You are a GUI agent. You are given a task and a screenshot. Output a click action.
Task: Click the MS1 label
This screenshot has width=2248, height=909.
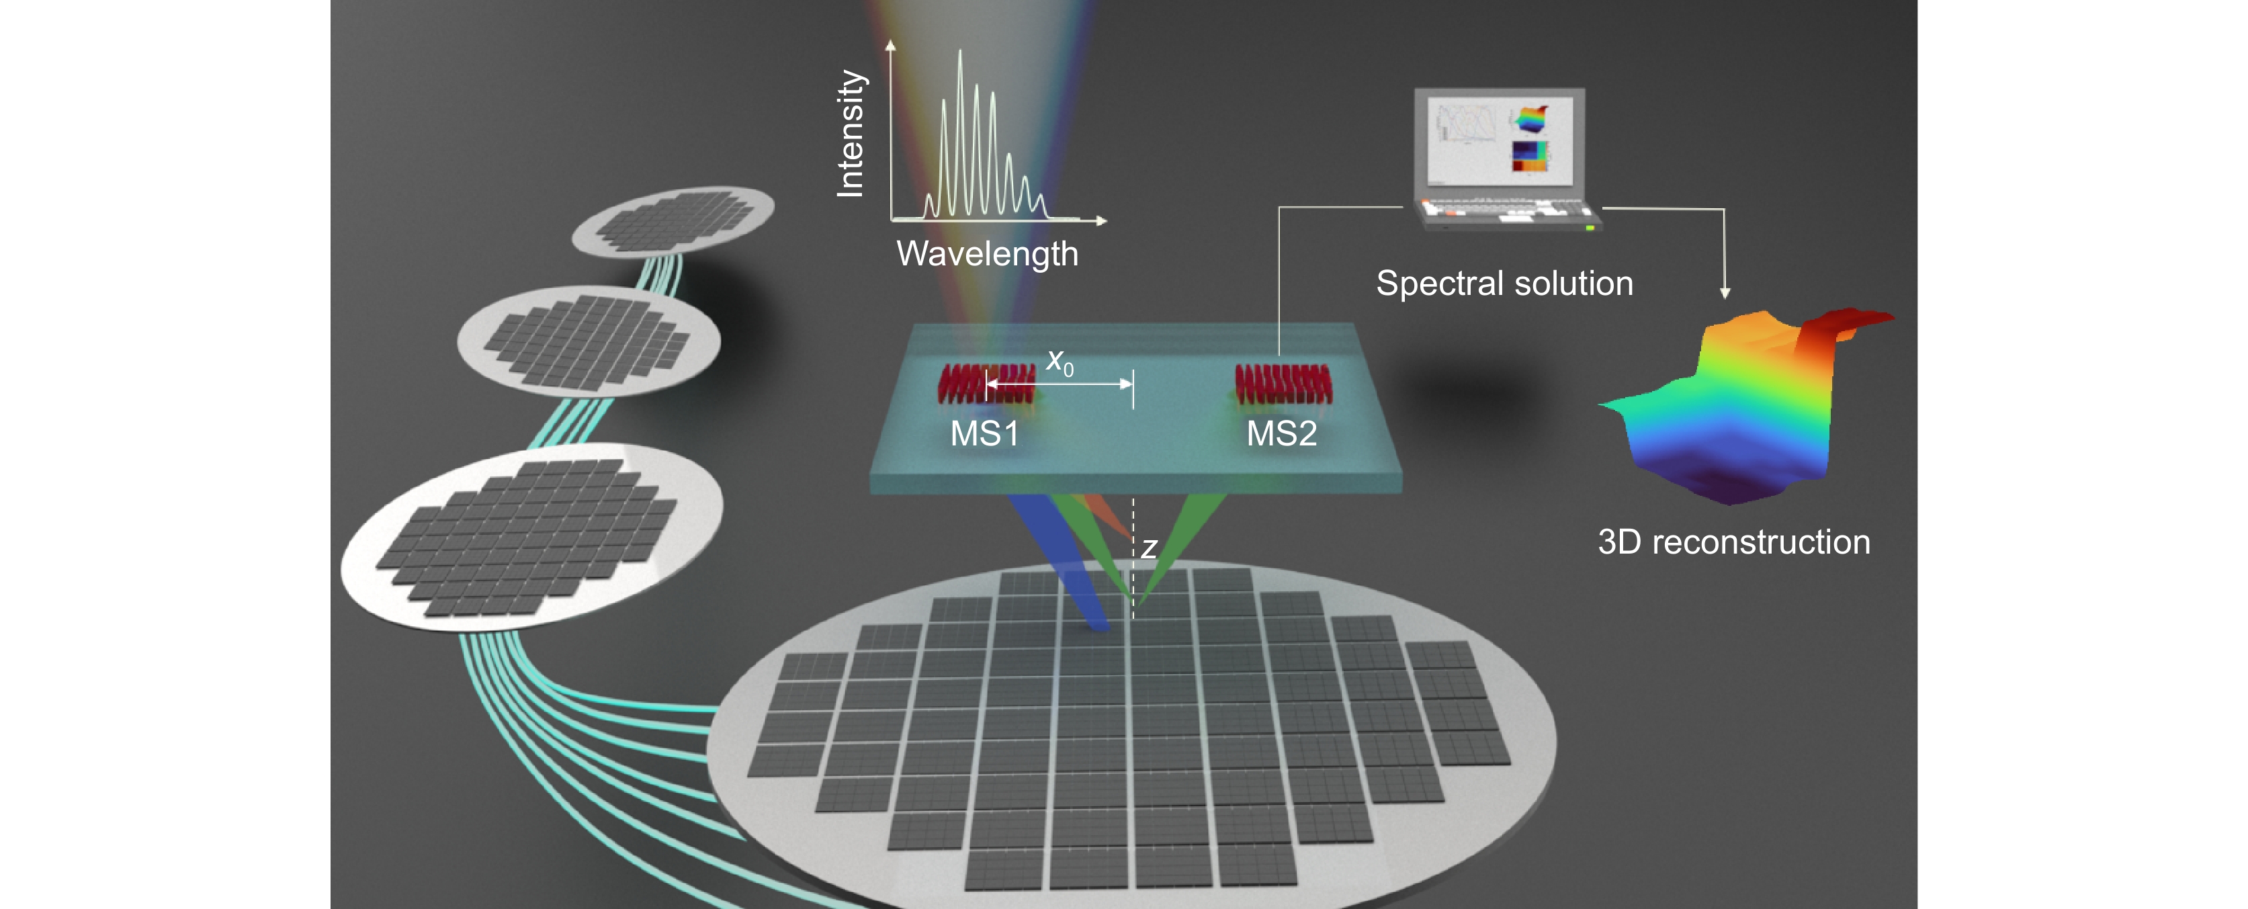[984, 433]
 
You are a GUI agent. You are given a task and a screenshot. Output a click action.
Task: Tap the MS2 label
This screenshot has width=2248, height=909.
[1281, 433]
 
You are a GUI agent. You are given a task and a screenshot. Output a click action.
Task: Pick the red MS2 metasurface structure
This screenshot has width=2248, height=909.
[1283, 384]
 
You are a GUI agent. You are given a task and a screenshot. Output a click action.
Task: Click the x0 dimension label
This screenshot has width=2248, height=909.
[1060, 361]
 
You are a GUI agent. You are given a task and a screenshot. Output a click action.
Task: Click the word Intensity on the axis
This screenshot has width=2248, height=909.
[850, 134]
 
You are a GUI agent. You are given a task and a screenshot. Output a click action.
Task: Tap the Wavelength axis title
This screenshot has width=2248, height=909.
[987, 254]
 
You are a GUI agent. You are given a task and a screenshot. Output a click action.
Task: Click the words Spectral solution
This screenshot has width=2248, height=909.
[1504, 284]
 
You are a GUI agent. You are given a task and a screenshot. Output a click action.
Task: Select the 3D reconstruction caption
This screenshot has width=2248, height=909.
[1733, 543]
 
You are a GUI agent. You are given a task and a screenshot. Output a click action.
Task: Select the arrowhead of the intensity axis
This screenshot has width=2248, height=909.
[890, 44]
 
